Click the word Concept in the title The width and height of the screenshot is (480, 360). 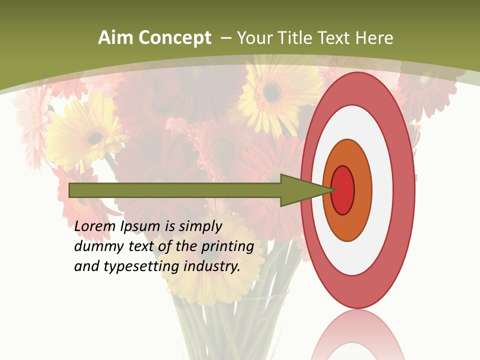pos(173,38)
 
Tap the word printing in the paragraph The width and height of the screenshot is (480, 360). pos(228,247)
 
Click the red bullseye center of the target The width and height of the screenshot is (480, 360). pos(343,190)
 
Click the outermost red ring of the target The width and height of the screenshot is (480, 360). pos(357,88)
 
